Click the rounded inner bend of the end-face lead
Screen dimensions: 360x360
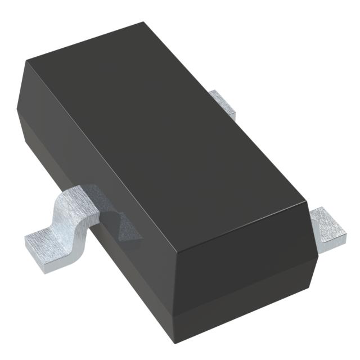click(318, 222)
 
